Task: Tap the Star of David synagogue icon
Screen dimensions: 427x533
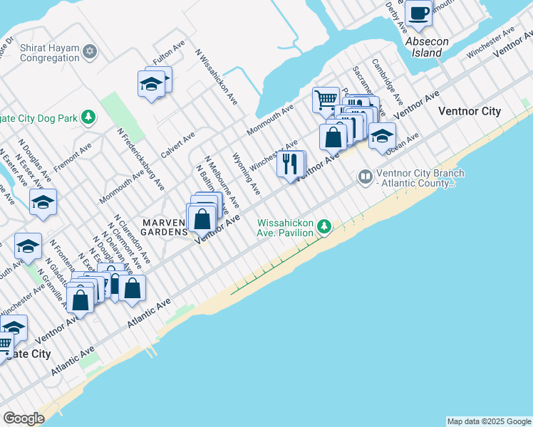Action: [90, 51]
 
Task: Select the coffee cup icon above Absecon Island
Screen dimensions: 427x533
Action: [419, 12]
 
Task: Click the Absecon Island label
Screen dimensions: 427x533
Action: [427, 47]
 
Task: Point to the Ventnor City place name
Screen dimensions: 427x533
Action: [470, 111]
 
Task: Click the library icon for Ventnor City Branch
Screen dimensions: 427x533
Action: [366, 175]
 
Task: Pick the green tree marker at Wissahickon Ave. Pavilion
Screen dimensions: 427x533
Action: [325, 226]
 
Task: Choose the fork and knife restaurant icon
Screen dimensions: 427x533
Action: [290, 164]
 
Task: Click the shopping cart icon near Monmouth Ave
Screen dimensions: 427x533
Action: [326, 100]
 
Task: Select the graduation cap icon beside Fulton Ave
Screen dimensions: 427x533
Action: [151, 84]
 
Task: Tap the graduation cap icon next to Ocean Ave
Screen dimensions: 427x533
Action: [382, 135]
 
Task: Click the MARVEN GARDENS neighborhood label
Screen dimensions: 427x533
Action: [164, 226]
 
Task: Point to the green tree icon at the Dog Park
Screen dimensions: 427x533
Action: [88, 116]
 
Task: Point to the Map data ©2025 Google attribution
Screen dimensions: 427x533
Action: [488, 421]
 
